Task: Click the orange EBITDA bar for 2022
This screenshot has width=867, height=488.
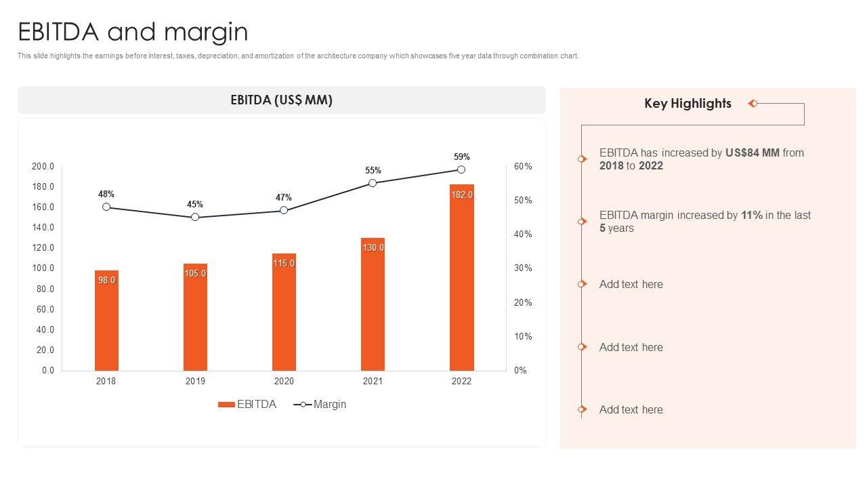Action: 461,285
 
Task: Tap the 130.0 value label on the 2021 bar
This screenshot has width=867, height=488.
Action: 373,248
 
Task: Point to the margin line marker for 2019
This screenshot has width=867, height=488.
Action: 195,218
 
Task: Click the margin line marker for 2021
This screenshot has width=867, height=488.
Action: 373,183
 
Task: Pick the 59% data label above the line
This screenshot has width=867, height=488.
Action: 461,157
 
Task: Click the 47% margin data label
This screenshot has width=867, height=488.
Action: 284,198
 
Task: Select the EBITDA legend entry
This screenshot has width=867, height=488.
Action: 247,405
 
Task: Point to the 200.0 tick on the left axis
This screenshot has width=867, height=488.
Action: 43,167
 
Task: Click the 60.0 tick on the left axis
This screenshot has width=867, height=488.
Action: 45,310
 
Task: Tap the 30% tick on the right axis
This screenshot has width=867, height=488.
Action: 522,268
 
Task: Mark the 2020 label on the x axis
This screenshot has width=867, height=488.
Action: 284,382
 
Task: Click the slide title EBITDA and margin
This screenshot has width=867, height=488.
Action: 133,32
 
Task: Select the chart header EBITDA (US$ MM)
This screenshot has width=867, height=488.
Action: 281,100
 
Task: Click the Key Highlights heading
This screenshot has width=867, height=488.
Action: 688,104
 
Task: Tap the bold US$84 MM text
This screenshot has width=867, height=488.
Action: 752,153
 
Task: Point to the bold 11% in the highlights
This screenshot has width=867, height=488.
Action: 751,216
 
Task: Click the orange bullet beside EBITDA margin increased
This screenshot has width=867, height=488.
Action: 582,222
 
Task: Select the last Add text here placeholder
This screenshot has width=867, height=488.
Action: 631,410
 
